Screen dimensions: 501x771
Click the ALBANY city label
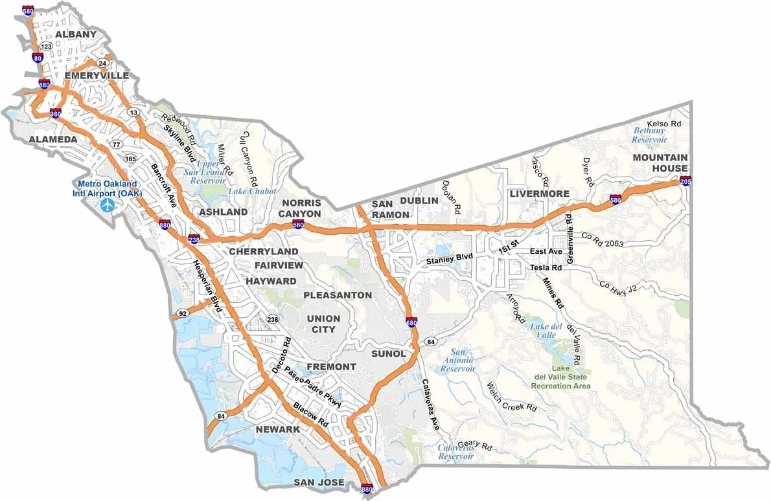[76, 34]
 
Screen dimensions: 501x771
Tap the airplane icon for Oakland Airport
[108, 206]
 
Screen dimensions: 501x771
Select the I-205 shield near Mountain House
[684, 181]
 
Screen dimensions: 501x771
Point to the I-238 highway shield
[194, 239]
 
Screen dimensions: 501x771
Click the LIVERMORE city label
[539, 194]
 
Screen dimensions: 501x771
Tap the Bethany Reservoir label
[649, 135]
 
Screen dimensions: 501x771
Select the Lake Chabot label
[252, 191]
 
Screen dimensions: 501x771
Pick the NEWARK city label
[277, 429]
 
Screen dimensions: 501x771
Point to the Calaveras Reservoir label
[455, 452]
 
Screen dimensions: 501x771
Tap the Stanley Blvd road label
[449, 260]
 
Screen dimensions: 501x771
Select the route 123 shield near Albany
[46, 47]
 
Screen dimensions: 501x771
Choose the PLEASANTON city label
[338, 295]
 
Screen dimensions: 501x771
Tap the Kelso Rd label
[664, 123]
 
